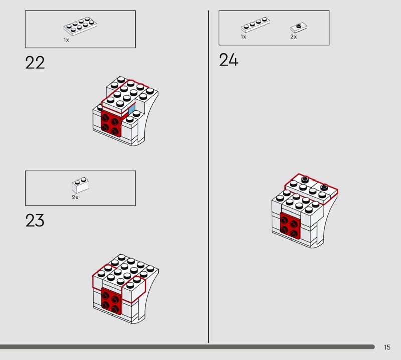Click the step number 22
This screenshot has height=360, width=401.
tap(35, 63)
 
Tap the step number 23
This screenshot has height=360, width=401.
tap(35, 220)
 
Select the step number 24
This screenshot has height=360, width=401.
tap(229, 60)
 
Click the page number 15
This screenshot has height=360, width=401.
tap(387, 347)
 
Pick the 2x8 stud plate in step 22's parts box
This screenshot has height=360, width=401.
tap(80, 26)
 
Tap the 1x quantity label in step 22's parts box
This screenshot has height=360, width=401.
tap(66, 40)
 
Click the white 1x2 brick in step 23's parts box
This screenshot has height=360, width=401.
tap(80, 185)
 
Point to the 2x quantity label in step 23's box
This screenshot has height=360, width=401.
tap(75, 197)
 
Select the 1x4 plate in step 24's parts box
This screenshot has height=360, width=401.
tap(255, 25)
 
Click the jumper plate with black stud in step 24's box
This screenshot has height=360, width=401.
tap(299, 27)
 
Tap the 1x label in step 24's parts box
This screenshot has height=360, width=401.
tap(243, 37)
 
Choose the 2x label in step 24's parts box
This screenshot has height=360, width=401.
tap(294, 37)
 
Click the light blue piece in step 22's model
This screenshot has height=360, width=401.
tap(132, 110)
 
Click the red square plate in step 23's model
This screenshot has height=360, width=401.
tap(112, 300)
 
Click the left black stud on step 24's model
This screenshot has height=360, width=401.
tap(305, 179)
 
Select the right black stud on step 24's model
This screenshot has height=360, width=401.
tap(324, 187)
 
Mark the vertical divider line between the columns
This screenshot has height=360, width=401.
tap(208, 176)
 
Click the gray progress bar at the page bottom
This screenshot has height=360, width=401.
tap(187, 347)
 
